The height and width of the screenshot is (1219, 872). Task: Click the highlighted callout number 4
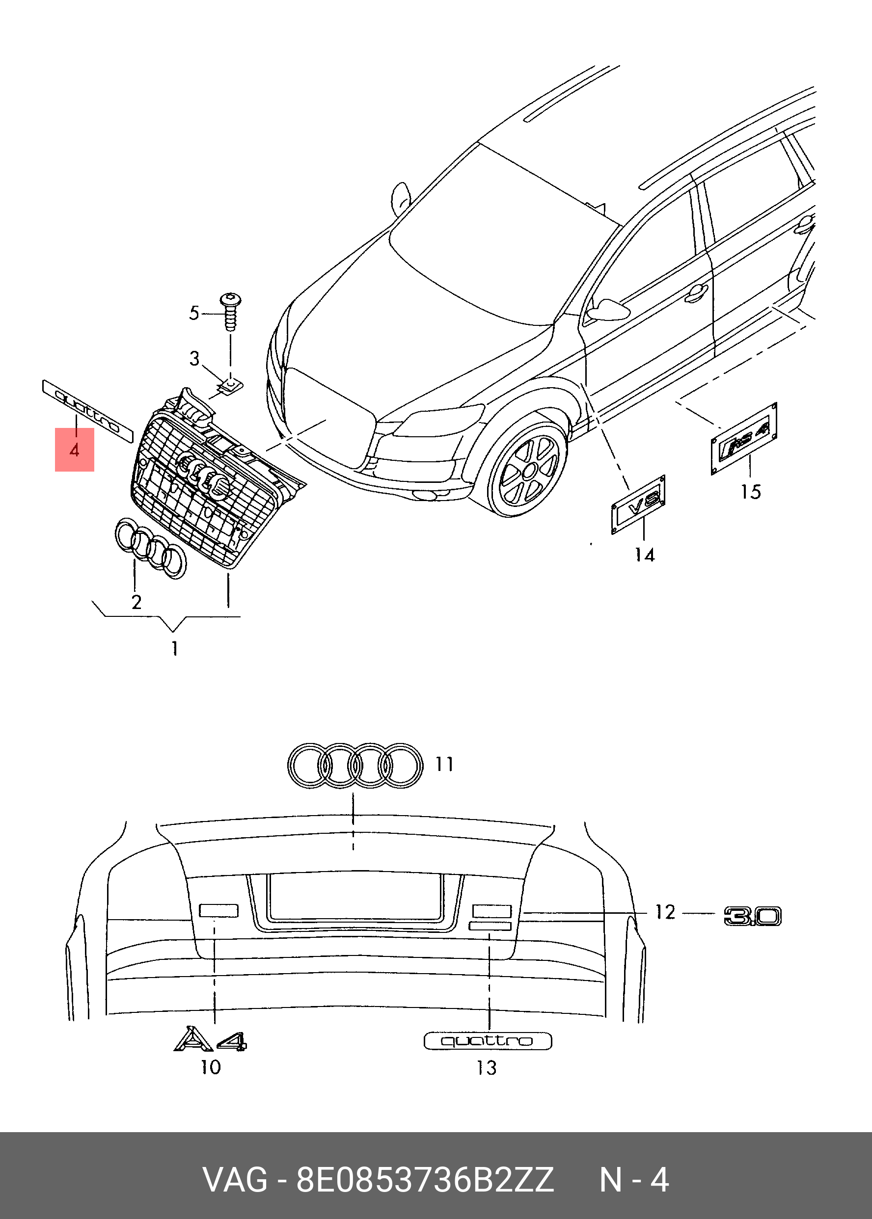75,450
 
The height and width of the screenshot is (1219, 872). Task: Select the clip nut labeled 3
231,385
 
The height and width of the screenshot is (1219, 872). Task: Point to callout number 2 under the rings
136,602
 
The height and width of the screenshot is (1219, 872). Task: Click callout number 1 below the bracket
174,649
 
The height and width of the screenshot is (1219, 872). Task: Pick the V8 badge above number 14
638,505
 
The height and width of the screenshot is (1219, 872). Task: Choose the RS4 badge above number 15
745,438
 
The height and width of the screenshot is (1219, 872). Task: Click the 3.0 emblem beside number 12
752,916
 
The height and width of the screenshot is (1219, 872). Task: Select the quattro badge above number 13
488,1041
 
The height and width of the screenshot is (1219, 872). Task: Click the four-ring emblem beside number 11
354,766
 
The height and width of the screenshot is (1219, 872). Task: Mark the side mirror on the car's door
607,311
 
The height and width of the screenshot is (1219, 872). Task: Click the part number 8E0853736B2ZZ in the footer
425,1180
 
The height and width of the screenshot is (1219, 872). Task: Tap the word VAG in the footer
235,1180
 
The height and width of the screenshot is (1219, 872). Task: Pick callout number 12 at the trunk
665,912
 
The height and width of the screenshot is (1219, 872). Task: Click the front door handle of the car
696,293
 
